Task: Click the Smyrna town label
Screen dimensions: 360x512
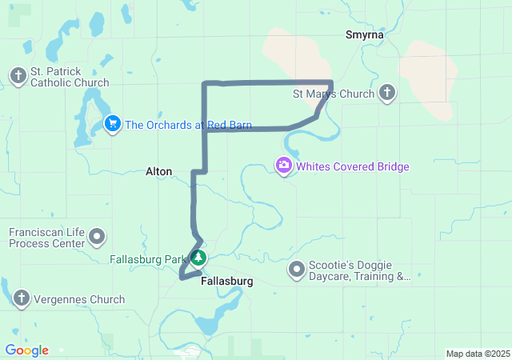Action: pyautogui.click(x=364, y=34)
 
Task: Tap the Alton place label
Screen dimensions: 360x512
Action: pyautogui.click(x=158, y=171)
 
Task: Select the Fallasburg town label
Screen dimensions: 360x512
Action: pyautogui.click(x=227, y=282)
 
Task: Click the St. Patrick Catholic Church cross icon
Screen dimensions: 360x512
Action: pyautogui.click(x=18, y=76)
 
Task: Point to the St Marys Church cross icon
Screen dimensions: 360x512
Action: pyautogui.click(x=387, y=94)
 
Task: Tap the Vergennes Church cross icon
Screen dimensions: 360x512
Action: pyautogui.click(x=21, y=299)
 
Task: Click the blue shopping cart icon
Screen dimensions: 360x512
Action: pyautogui.click(x=113, y=124)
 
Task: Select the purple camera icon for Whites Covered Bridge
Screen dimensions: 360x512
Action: pyautogui.click(x=283, y=166)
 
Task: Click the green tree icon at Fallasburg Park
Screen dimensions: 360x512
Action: pyautogui.click(x=198, y=258)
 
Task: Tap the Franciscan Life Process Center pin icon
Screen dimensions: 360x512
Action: pyautogui.click(x=98, y=237)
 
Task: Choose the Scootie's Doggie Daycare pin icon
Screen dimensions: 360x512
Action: pyautogui.click(x=297, y=270)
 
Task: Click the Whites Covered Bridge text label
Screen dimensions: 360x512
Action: pyautogui.click(x=353, y=166)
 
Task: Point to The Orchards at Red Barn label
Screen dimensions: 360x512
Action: pyautogui.click(x=188, y=125)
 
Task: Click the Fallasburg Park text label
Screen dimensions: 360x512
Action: pyautogui.click(x=148, y=259)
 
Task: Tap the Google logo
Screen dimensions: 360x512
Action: pyautogui.click(x=26, y=350)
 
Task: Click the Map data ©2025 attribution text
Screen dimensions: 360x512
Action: pyautogui.click(x=477, y=354)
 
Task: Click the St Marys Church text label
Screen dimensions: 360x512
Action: pyautogui.click(x=334, y=94)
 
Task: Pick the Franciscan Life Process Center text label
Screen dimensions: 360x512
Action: pyautogui.click(x=46, y=237)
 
